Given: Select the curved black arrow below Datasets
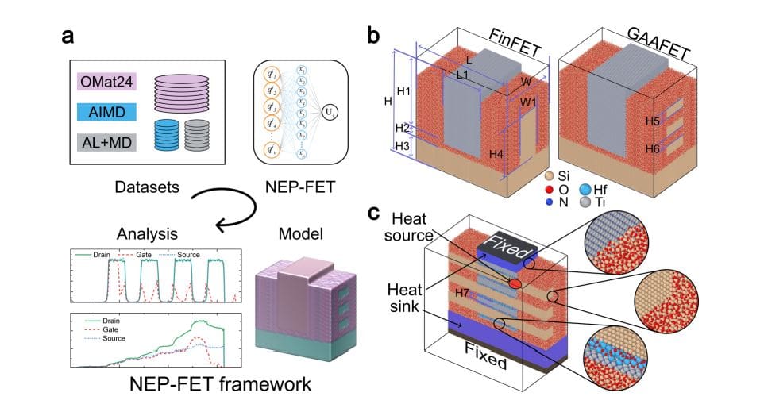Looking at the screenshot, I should tap(230, 208).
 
